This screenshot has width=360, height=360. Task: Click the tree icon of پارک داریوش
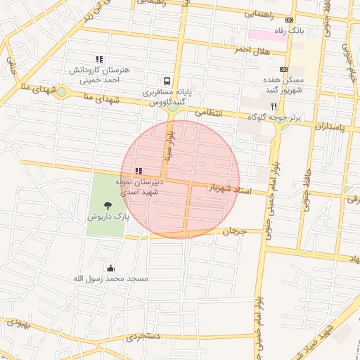tap(108, 205)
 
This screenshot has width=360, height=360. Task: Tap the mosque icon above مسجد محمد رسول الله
tap(110, 268)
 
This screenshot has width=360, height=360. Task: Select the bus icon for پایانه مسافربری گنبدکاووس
tap(167, 81)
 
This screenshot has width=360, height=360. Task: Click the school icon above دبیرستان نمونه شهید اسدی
tap(139, 171)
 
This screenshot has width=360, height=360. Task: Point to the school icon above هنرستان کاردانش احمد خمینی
tap(99, 60)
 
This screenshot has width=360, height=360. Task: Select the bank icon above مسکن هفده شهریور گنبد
tap(283, 69)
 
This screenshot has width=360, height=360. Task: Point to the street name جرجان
tap(235, 231)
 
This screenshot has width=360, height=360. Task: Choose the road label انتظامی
tap(208, 112)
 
